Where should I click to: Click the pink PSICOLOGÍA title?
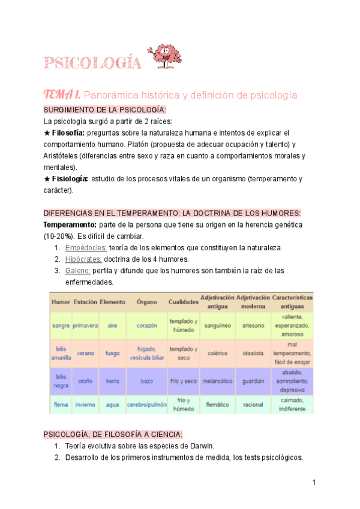[x=92, y=62]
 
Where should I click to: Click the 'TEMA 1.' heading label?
[x=62, y=95]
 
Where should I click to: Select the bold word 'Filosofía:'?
[x=69, y=132]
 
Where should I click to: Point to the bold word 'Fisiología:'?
[x=70, y=179]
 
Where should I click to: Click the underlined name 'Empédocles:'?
[x=86, y=248]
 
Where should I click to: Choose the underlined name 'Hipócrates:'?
[x=83, y=259]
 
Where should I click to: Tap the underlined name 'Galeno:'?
[x=78, y=271]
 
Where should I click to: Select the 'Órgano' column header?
[x=146, y=302]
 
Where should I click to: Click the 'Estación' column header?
[x=85, y=302]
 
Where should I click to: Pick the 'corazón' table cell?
[x=146, y=325]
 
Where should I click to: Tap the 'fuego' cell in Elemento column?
[x=112, y=354]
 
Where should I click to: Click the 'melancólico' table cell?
[x=214, y=381]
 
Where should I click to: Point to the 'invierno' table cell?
[x=85, y=405]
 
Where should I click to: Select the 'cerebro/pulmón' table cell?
[x=146, y=405]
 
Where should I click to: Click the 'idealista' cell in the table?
[x=253, y=354]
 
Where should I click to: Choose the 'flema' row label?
[x=61, y=405]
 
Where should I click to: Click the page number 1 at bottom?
[x=313, y=482]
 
